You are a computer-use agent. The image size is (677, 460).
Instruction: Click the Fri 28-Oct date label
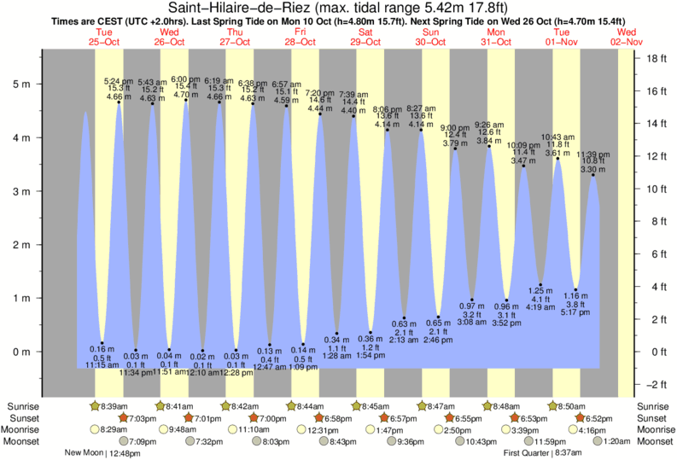[301, 37]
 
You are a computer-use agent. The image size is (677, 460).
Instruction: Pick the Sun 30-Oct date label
[432, 37]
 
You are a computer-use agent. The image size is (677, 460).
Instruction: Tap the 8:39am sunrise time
[119, 405]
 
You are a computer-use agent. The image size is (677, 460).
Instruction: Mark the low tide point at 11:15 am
[102, 343]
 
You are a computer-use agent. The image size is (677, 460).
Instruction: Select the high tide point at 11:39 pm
[593, 175]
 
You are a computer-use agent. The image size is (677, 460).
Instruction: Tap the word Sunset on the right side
[652, 418]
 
